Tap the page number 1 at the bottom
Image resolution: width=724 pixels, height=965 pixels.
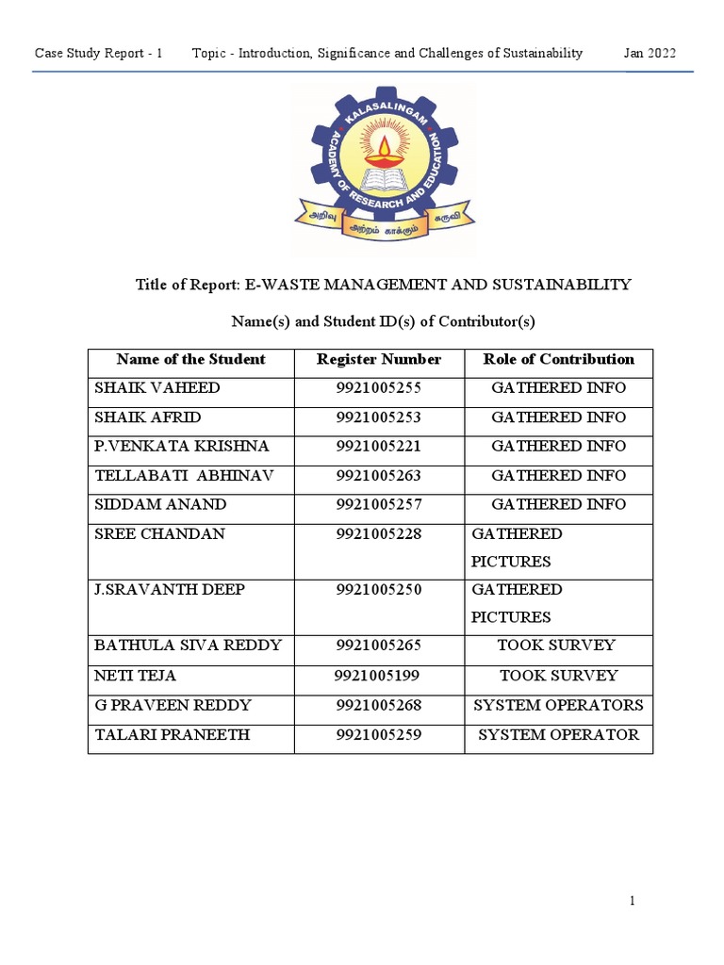633,902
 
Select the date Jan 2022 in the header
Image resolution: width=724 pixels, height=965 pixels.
650,54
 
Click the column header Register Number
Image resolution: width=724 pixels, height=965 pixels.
379,359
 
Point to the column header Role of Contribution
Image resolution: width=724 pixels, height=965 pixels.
558,359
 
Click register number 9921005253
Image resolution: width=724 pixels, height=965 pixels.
379,417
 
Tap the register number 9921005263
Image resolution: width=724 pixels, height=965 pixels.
379,476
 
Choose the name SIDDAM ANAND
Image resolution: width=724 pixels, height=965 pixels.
160,504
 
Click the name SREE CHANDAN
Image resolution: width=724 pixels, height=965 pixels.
159,533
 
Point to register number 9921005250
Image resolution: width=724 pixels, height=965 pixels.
379,590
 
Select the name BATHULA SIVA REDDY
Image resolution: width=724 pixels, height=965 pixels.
189,646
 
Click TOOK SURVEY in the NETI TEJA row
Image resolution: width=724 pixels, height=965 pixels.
558,676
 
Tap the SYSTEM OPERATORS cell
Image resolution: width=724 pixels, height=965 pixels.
558,705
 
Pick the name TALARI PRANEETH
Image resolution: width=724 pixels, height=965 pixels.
172,734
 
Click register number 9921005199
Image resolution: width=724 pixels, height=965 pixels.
377,676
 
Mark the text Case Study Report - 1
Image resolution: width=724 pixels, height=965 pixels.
99,54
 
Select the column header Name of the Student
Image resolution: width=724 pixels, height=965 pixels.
190,359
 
